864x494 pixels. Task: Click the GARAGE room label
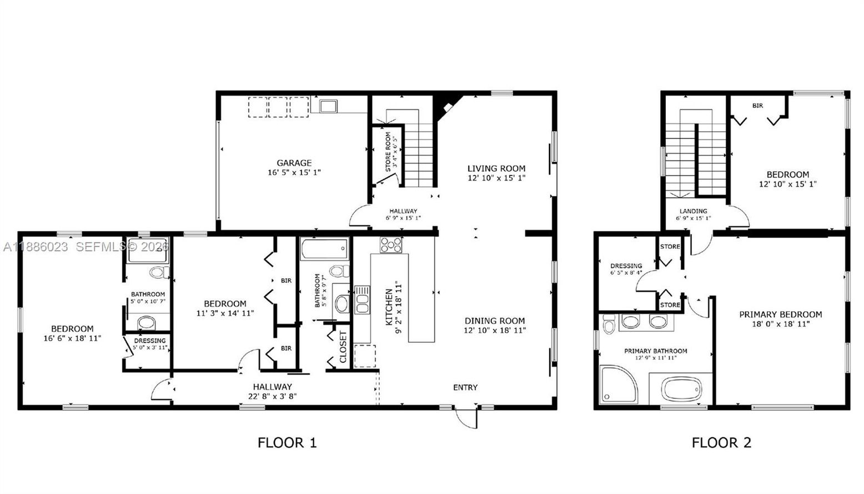tap(294, 163)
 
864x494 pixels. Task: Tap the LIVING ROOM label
tap(496, 168)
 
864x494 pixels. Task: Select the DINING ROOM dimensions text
tap(495, 330)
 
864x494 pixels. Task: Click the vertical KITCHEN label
tap(389, 307)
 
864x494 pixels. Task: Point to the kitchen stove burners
tap(391, 244)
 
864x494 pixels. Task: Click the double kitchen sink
tap(362, 300)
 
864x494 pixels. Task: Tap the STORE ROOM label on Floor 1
tap(389, 150)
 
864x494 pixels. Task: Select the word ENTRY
tap(465, 387)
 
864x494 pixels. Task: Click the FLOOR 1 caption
tap(287, 442)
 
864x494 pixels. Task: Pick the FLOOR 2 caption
tap(721, 442)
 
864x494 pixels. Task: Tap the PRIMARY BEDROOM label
tap(780, 315)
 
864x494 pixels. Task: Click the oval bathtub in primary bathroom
tap(681, 388)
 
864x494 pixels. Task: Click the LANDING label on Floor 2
tap(693, 211)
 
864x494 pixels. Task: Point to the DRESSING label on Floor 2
tap(626, 266)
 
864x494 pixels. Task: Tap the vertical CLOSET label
tap(343, 347)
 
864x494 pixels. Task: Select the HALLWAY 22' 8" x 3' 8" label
tap(272, 391)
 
